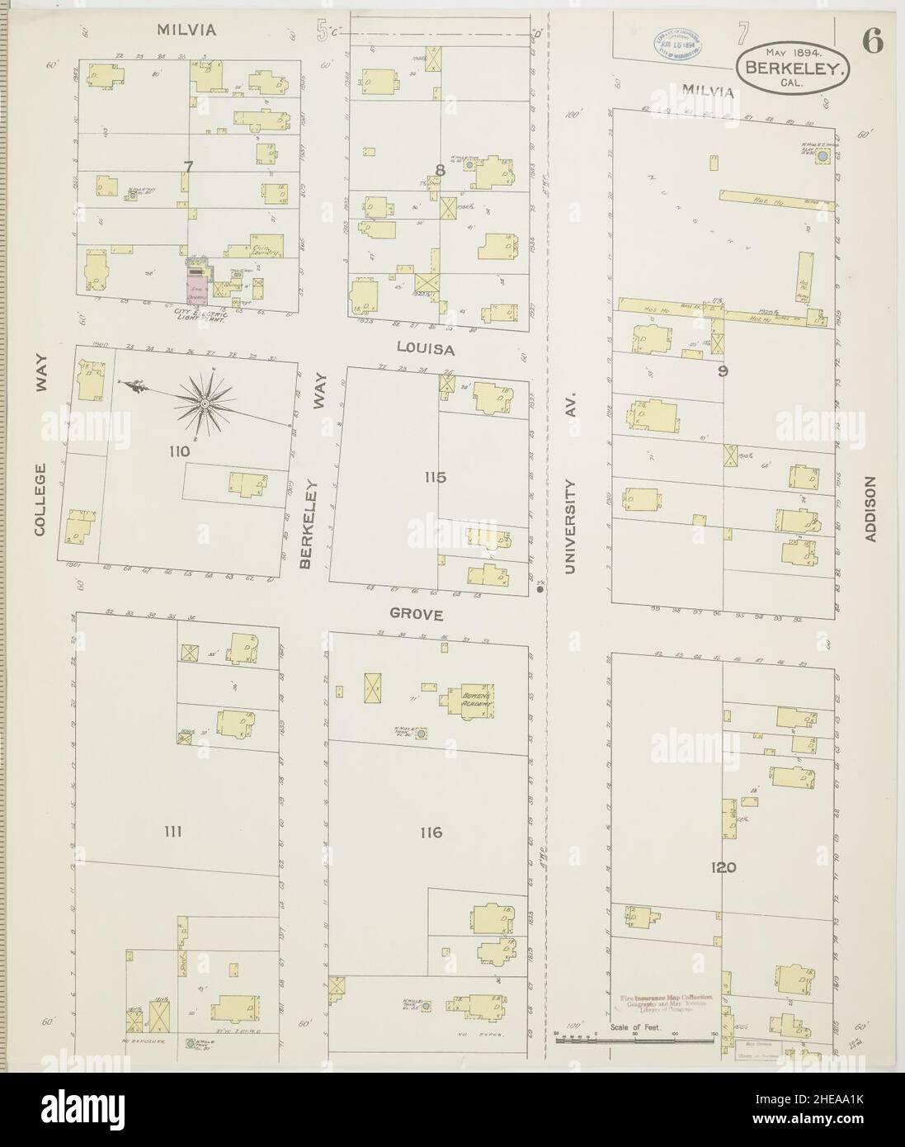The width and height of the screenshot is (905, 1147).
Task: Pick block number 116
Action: (431, 833)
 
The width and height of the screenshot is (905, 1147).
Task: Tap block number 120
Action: (719, 867)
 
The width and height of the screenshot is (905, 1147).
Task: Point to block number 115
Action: (435, 476)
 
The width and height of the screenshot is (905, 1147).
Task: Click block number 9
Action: (723, 371)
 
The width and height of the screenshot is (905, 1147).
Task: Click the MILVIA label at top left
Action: (187, 31)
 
